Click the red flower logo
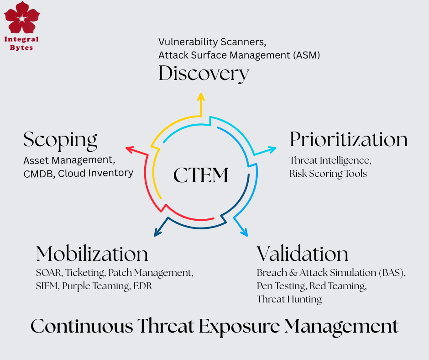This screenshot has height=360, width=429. click(x=22, y=17)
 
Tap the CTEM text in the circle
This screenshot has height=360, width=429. click(x=201, y=175)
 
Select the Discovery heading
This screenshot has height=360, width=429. click(x=204, y=74)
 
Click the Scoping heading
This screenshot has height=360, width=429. click(x=60, y=141)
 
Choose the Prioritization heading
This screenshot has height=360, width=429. click(x=349, y=139)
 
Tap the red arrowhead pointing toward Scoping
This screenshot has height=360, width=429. click(x=130, y=149)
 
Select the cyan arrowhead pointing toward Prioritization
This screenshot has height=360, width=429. click(x=272, y=149)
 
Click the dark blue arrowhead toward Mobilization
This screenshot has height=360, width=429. click(x=157, y=232)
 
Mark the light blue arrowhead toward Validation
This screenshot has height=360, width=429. click(x=244, y=232)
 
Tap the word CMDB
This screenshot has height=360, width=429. click(x=38, y=174)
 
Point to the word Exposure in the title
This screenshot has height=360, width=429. click(x=240, y=327)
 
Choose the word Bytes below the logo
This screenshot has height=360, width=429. click(x=21, y=48)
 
